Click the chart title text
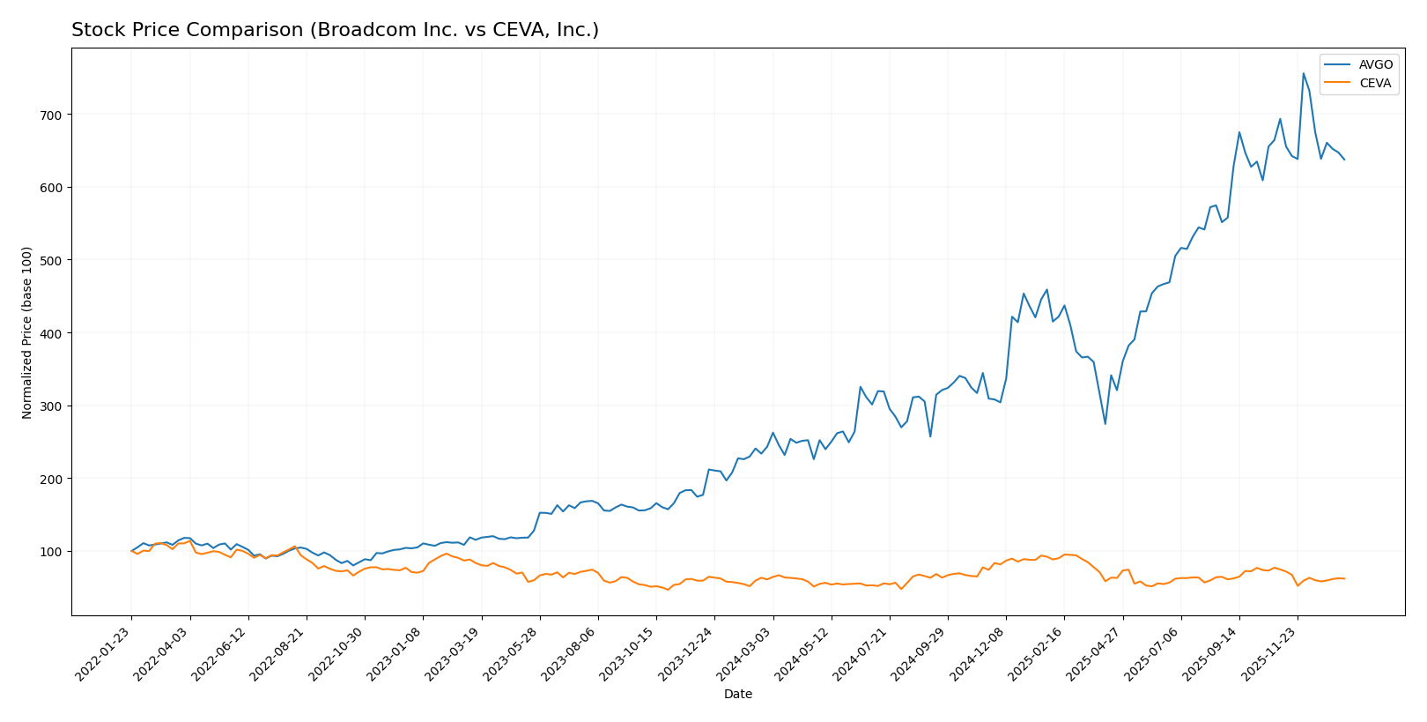[x=335, y=30]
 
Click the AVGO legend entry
[x=1375, y=64]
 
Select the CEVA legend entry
[x=1375, y=84]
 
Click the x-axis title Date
[x=737, y=695]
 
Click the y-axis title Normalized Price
[x=27, y=332]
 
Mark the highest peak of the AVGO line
[x=1304, y=73]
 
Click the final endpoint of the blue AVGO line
[x=1344, y=160]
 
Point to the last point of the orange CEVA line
[x=1344, y=578]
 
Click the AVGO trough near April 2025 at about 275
[x=1105, y=424]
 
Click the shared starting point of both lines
[x=131, y=551]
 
